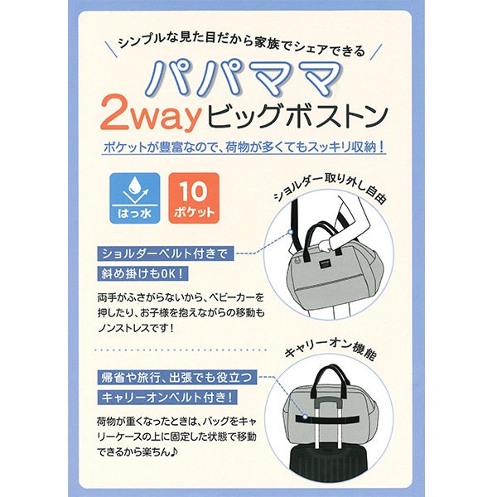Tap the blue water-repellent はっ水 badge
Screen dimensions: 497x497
[135, 198]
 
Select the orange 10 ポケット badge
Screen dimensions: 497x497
[194, 198]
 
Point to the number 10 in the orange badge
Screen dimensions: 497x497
[193, 191]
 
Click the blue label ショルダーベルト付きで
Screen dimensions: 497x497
[166, 253]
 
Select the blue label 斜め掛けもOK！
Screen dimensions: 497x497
[142, 273]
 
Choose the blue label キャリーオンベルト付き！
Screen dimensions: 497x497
[167, 397]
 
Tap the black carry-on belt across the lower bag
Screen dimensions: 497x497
[327, 418]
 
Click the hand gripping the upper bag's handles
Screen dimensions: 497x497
[324, 245]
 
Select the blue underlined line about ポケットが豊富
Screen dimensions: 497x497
[244, 147]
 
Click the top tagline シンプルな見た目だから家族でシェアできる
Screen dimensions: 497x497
[242, 46]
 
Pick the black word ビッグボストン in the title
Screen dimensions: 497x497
[298, 117]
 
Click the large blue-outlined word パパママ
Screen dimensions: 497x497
[244, 80]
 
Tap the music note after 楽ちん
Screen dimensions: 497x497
[174, 452]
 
